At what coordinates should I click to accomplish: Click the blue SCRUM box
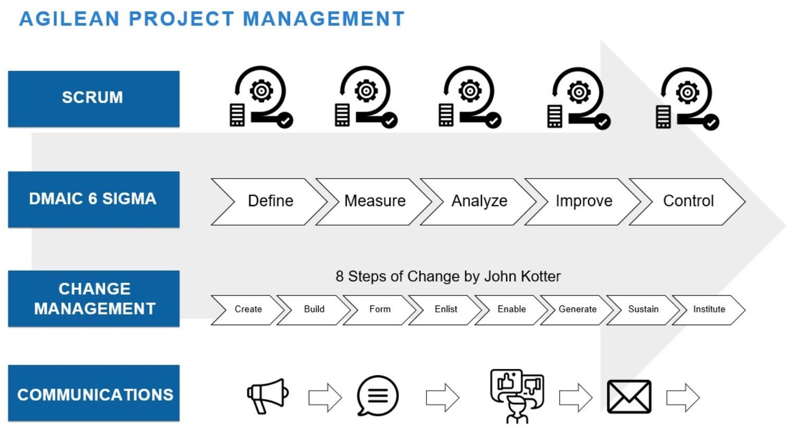(94, 99)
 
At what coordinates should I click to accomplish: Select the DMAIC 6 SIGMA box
(94, 199)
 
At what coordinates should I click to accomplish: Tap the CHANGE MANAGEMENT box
(94, 299)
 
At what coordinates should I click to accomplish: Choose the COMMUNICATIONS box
(94, 394)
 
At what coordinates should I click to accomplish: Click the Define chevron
(270, 201)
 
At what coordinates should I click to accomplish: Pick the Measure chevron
(375, 201)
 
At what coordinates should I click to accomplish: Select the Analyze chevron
(479, 201)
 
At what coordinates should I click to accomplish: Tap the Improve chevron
(583, 201)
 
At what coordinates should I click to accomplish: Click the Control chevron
(688, 201)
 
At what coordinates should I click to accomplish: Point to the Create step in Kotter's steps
(248, 309)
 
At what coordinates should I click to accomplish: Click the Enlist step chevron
(446, 309)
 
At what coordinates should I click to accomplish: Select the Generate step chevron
(577, 309)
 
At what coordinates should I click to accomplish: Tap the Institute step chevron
(709, 309)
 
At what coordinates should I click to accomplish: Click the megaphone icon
(267, 395)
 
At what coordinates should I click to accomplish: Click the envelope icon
(629, 396)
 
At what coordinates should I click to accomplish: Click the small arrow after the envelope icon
(683, 397)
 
